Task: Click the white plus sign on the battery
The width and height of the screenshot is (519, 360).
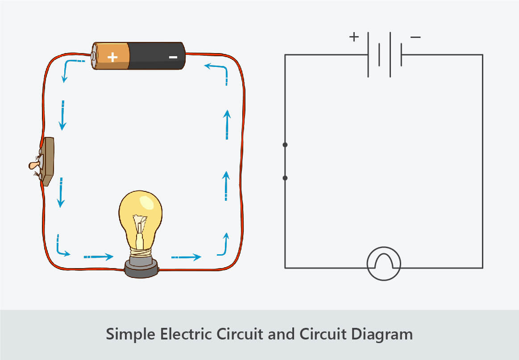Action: (x=113, y=57)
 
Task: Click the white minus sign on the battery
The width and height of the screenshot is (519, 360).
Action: (x=173, y=57)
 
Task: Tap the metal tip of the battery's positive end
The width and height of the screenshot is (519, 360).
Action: (x=94, y=56)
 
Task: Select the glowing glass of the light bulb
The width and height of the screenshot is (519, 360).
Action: (x=141, y=214)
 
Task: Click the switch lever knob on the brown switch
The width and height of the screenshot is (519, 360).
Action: (x=33, y=166)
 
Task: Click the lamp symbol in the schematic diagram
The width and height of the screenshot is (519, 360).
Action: (x=384, y=264)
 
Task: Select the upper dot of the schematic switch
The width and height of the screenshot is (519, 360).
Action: (x=285, y=145)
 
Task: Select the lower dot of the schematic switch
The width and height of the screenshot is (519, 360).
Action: (x=285, y=178)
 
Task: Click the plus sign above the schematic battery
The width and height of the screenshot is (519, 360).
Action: (x=354, y=37)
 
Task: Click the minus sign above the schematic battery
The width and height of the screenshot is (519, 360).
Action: (x=415, y=37)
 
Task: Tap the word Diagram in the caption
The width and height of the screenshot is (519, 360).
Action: (x=387, y=334)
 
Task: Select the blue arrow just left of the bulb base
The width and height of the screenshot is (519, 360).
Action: (x=99, y=257)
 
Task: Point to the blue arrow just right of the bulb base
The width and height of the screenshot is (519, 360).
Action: (x=186, y=257)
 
